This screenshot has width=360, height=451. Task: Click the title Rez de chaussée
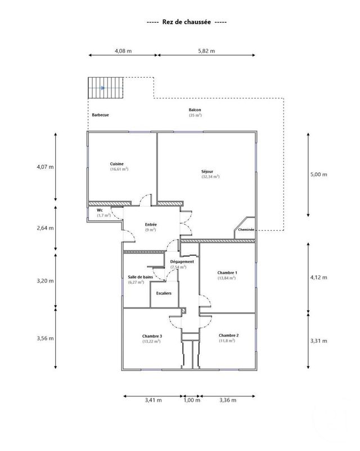(x=186, y=22)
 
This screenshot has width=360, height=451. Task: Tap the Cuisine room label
(x=117, y=163)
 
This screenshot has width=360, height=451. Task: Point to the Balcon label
(x=195, y=110)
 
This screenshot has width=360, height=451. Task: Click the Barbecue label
(x=100, y=115)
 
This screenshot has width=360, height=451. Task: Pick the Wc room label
(x=100, y=210)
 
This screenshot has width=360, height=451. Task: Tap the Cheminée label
(x=247, y=230)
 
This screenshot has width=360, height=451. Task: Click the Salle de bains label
(x=139, y=276)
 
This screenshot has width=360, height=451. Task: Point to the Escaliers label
(x=165, y=293)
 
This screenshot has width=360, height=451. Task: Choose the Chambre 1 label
(x=227, y=273)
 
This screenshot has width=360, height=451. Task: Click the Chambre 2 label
(x=229, y=335)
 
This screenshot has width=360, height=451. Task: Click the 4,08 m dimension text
(x=123, y=51)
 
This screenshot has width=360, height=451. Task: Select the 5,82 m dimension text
(x=206, y=51)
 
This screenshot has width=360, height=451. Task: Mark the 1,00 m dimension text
(x=192, y=400)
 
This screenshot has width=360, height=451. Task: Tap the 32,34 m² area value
(x=210, y=177)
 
